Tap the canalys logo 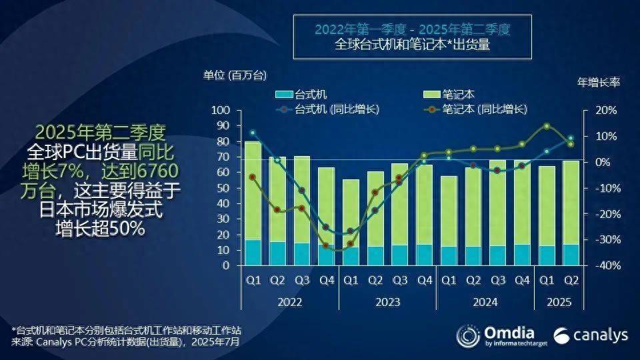pyautogui.click(x=590, y=336)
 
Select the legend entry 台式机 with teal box pyautogui.click(x=301, y=95)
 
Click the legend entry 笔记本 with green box pyautogui.click(x=450, y=95)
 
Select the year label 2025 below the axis pyautogui.click(x=559, y=302)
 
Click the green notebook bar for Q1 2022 pyautogui.click(x=253, y=190)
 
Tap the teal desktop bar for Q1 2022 pyautogui.click(x=253, y=253)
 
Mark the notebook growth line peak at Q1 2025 pyautogui.click(x=547, y=126)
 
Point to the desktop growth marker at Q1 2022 pyautogui.click(x=252, y=133)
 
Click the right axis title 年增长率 pyautogui.click(x=598, y=82)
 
